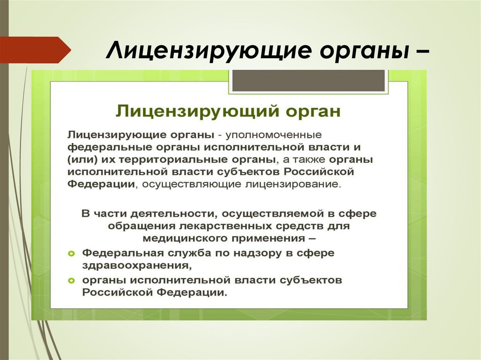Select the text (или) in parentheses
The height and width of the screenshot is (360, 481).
pyautogui.click(x=81, y=160)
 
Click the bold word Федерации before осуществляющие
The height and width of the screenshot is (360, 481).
pyautogui.click(x=101, y=184)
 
